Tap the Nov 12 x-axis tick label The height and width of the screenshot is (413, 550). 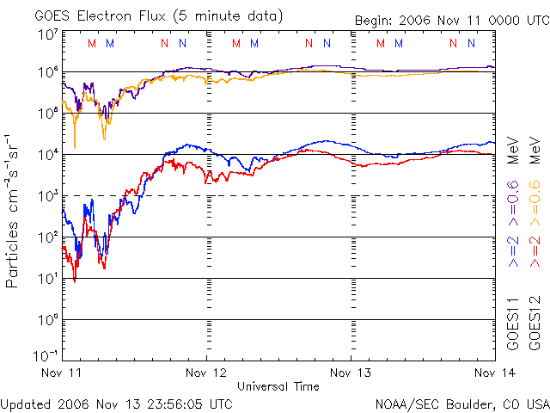(206, 373)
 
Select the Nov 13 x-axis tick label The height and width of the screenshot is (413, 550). (351, 373)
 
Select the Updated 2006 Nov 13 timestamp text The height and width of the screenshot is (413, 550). (117, 403)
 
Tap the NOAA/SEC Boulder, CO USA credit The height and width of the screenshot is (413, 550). (461, 403)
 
